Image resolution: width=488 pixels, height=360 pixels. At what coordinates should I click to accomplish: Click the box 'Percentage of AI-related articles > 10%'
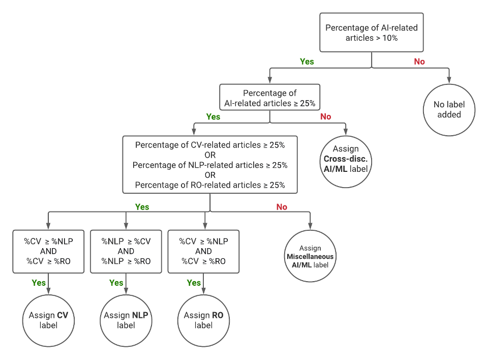pos(371,33)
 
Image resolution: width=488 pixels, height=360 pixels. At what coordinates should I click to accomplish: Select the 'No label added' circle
pos(449,109)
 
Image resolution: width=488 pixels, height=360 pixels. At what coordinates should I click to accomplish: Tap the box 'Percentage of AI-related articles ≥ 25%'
pos(269,98)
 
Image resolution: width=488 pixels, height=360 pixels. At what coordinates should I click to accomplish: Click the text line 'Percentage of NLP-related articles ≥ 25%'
pos(210,165)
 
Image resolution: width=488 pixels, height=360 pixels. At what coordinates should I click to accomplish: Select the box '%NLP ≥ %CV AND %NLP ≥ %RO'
pos(126,251)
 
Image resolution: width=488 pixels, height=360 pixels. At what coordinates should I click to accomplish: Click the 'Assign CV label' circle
pos(48,320)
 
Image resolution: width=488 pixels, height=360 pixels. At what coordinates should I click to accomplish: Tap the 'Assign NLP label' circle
pos(126,320)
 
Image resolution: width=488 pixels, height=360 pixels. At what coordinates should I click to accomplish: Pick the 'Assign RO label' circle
pos(203,320)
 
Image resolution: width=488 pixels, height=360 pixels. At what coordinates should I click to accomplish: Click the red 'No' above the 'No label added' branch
pos(419,62)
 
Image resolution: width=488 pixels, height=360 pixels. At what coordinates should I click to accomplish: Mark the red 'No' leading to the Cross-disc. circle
pos(325,116)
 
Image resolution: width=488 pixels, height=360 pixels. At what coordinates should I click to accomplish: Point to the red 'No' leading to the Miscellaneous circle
pos(282,207)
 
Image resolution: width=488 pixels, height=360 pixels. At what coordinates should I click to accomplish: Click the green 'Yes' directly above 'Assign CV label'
pos(39,283)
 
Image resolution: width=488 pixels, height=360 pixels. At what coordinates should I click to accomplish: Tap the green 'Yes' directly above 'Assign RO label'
pos(194,283)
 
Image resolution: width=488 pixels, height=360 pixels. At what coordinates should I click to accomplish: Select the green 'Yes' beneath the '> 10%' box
pos(307,62)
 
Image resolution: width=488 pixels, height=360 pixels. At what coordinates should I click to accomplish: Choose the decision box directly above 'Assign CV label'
pos(48,251)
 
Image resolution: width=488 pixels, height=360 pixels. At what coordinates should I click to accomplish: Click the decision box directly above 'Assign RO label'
pos(203,251)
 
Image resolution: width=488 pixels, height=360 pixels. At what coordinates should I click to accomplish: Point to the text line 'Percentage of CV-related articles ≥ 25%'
pos(210,145)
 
